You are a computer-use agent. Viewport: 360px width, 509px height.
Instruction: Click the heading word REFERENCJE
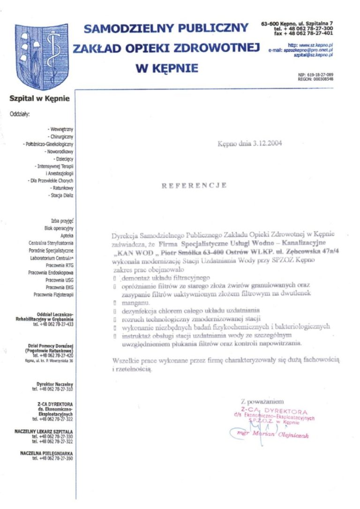pyautogui.click(x=194, y=185)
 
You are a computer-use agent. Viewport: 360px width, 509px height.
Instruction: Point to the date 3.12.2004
pyautogui.click(x=266, y=144)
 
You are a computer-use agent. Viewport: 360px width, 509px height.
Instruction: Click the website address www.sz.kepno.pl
pyautogui.click(x=316, y=45)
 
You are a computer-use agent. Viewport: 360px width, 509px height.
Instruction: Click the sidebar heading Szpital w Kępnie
pyautogui.click(x=39, y=98)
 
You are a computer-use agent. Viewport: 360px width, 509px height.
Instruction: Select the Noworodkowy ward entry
pyautogui.click(x=59, y=152)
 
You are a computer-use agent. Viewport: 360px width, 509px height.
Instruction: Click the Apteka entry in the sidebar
pyautogui.click(x=67, y=236)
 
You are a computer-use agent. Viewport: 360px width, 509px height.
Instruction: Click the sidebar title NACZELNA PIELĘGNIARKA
pyautogui.click(x=46, y=453)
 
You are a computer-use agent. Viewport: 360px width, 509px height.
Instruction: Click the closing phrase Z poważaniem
pyautogui.click(x=262, y=402)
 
